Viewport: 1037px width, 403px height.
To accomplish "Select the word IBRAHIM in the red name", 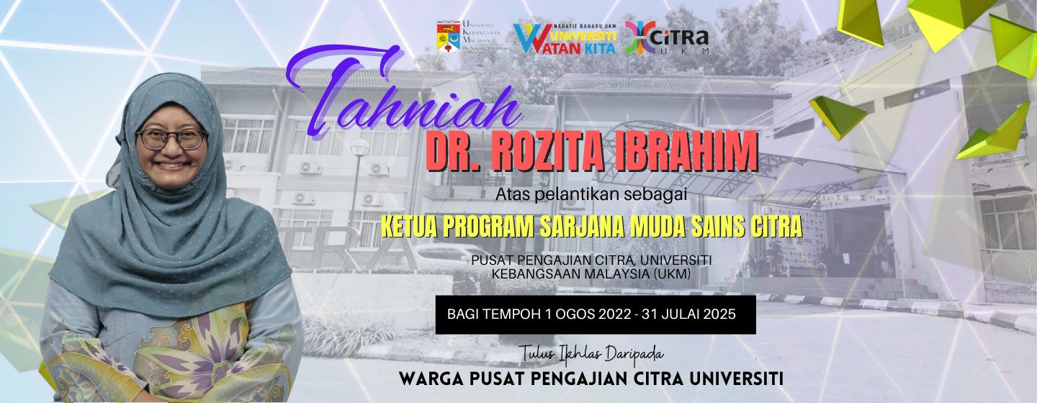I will (688, 152).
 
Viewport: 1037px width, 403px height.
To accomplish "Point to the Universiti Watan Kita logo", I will (565, 37).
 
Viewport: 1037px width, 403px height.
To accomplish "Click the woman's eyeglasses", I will (171, 137).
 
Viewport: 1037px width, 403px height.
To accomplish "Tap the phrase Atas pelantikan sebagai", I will (592, 194).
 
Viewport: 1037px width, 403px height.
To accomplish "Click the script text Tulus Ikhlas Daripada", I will (591, 354).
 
